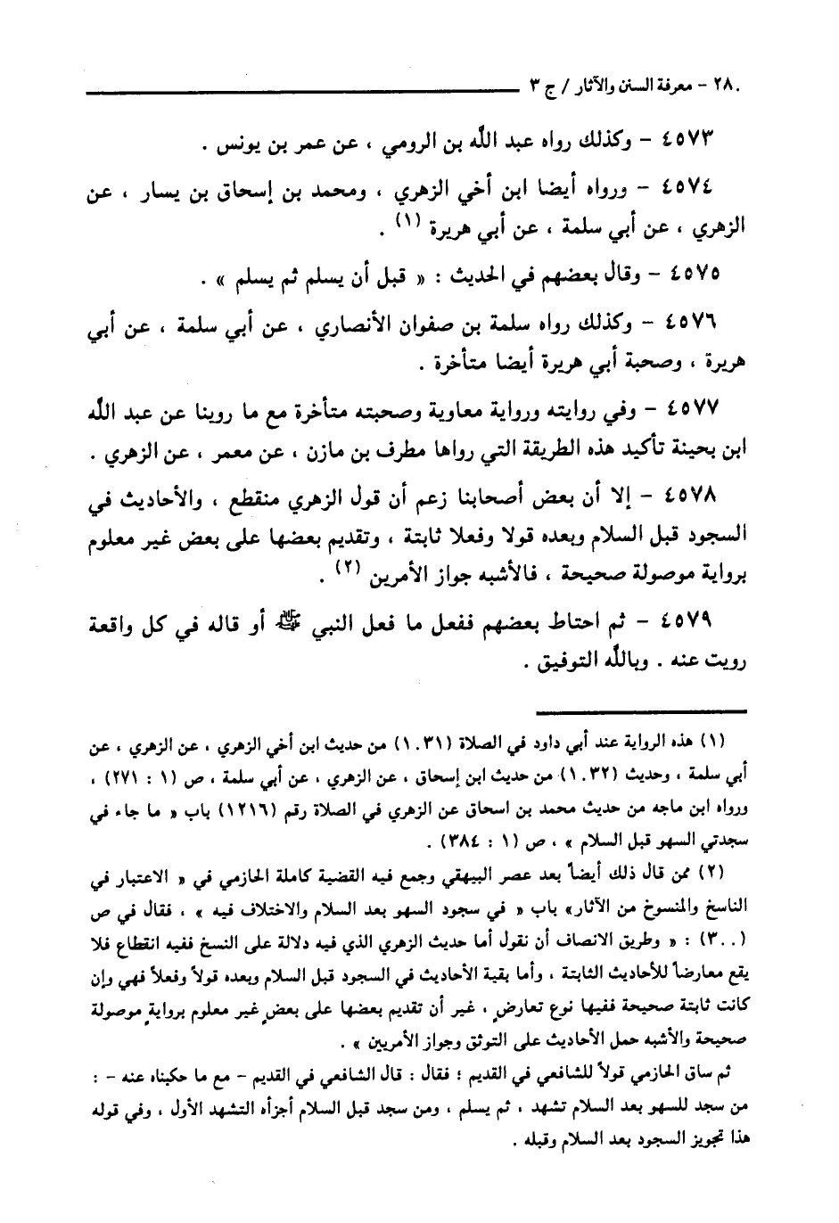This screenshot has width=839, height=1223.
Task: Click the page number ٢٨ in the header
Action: click(733, 87)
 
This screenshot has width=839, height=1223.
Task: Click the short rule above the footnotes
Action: click(640, 710)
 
